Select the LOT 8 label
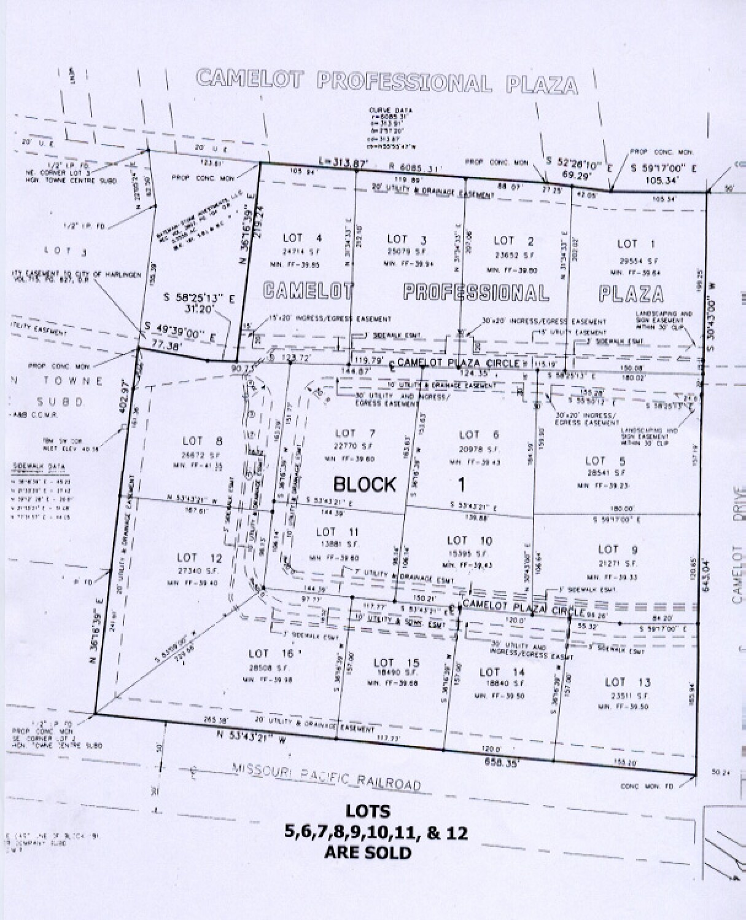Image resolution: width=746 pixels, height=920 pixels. (x=194, y=441)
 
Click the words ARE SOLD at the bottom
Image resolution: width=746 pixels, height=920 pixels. (x=368, y=852)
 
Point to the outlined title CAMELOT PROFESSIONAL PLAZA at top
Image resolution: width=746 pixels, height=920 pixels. (x=387, y=82)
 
